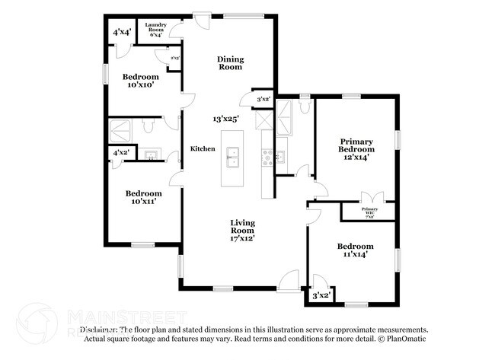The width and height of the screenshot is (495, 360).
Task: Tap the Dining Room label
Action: [229, 63]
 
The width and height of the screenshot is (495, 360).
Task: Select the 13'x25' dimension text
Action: [226, 119]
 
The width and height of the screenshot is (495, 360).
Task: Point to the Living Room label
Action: [243, 226]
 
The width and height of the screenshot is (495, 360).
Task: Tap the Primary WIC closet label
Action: [370, 211]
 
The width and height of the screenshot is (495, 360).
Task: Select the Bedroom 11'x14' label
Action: [356, 250]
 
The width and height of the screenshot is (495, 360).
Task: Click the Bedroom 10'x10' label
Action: [141, 81]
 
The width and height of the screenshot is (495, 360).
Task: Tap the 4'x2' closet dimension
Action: [120, 153]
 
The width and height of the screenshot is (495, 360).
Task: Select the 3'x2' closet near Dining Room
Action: [264, 99]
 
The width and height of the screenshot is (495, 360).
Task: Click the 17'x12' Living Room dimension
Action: [243, 238]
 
